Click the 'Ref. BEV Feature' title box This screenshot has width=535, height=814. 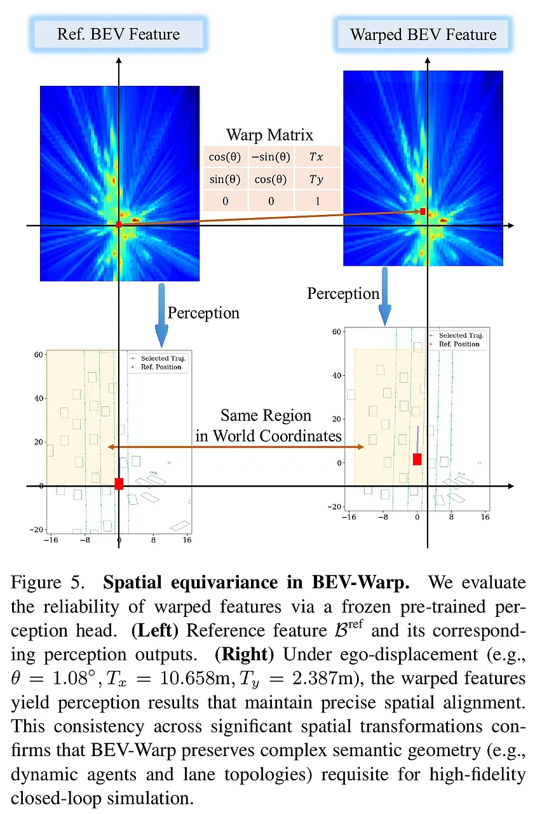pos(118,34)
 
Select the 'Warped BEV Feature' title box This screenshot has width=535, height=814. pos(423,34)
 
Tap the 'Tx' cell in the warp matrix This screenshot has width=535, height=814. pos(317,156)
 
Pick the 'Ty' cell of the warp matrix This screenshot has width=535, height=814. pos(317,179)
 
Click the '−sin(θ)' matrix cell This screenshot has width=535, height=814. pos(271,156)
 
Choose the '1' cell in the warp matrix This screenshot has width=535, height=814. pos(317,200)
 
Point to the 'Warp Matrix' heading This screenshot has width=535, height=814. pos(269,135)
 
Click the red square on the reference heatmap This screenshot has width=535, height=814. pos(119,224)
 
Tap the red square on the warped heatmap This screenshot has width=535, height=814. pos(423,211)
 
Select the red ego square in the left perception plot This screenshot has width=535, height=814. pos(119,484)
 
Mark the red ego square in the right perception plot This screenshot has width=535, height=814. pos(417,459)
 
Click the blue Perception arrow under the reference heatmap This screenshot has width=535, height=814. pos(161,314)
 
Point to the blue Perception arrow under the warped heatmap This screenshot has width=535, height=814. pos(385,296)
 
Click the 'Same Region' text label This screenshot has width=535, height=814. pos(266,415)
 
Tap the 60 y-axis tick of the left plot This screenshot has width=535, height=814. pos(39,354)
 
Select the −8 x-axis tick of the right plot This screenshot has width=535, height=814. pos(383,517)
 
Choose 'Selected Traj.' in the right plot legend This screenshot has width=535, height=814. pos(461,335)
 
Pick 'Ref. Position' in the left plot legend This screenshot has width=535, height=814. pos(161,367)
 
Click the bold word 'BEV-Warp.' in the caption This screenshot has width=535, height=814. pos(361,583)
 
